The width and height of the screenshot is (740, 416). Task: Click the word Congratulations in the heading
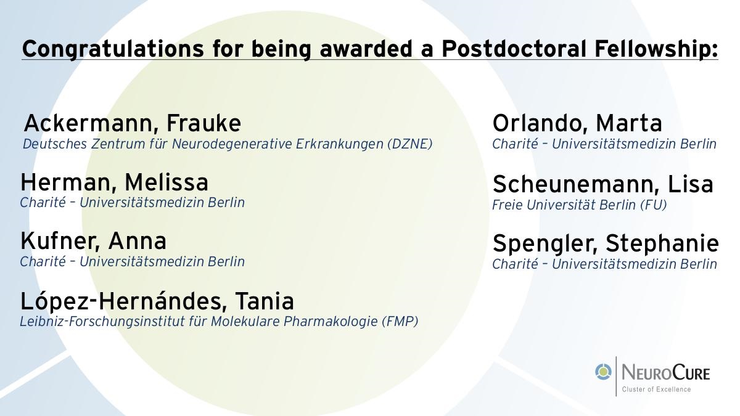(x=113, y=49)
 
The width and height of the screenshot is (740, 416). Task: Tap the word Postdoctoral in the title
(x=514, y=48)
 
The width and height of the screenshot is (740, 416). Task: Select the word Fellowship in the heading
(x=651, y=49)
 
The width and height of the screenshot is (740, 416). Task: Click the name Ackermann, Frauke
(x=133, y=123)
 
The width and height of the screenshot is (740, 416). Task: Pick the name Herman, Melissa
(x=114, y=182)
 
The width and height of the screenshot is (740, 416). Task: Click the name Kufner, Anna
(x=94, y=241)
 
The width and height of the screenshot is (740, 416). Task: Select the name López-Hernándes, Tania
(x=157, y=301)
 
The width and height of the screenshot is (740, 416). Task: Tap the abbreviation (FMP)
(x=400, y=321)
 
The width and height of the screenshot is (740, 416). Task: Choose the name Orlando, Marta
(x=577, y=123)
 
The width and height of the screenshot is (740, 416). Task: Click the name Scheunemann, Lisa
(x=603, y=184)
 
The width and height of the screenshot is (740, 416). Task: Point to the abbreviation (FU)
(x=654, y=205)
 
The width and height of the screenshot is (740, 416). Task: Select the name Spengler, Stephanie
(x=606, y=244)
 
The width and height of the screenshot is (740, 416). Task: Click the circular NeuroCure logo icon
(x=604, y=372)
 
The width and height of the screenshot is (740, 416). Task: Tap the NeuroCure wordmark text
(x=666, y=373)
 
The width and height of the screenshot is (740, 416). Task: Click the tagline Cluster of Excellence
(x=656, y=389)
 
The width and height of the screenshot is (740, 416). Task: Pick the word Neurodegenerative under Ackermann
(x=232, y=144)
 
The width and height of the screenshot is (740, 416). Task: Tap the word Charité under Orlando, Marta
(x=515, y=144)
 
